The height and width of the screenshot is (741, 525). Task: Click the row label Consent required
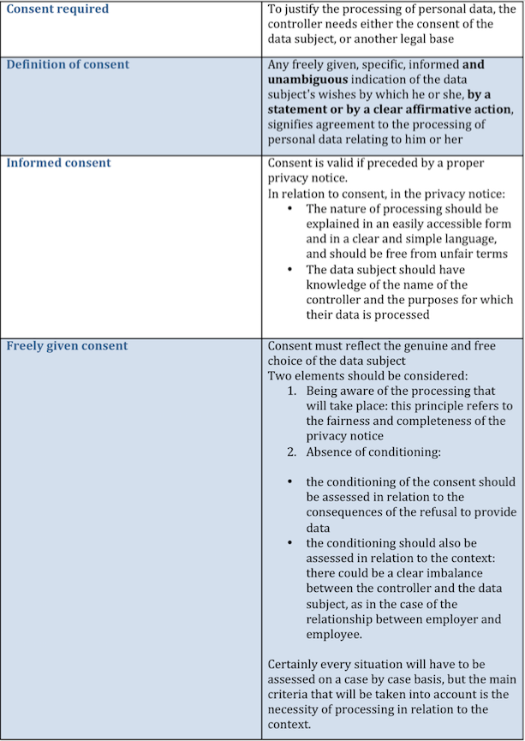(x=57, y=9)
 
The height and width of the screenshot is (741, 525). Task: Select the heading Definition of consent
(x=68, y=65)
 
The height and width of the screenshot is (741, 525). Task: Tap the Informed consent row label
(x=59, y=163)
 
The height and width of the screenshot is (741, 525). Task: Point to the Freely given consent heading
(x=67, y=346)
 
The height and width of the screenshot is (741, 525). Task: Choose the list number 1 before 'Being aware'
(x=292, y=390)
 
